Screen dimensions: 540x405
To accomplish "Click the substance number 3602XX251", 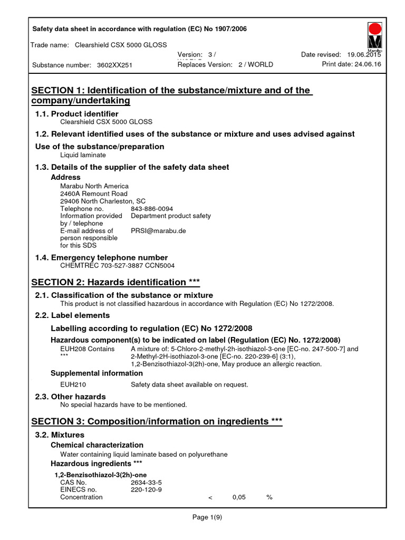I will coord(114,65).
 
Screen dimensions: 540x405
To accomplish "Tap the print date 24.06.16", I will coord(367,64).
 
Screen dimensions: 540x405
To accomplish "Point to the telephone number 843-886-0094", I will coord(152,209).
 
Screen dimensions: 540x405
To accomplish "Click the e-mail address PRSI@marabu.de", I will coord(158,230).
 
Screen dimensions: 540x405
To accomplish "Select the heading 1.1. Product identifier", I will coord(76,114).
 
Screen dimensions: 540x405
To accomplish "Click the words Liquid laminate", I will coord(83,155).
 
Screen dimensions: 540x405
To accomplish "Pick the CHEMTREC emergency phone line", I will coord(117,266).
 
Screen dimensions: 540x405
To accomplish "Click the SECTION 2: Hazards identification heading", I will coord(115,282).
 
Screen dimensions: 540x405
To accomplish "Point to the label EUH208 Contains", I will coord(87,349).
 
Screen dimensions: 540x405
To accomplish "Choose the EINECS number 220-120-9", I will coord(146,489).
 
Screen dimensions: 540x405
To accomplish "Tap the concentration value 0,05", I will coord(239,497).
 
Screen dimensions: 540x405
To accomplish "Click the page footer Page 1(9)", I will coord(207,517).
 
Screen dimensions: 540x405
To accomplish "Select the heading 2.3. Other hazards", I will coord(70,397).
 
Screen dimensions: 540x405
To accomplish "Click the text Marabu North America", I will coord(94,186).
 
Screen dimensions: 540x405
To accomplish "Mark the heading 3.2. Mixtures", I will coord(60,435).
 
